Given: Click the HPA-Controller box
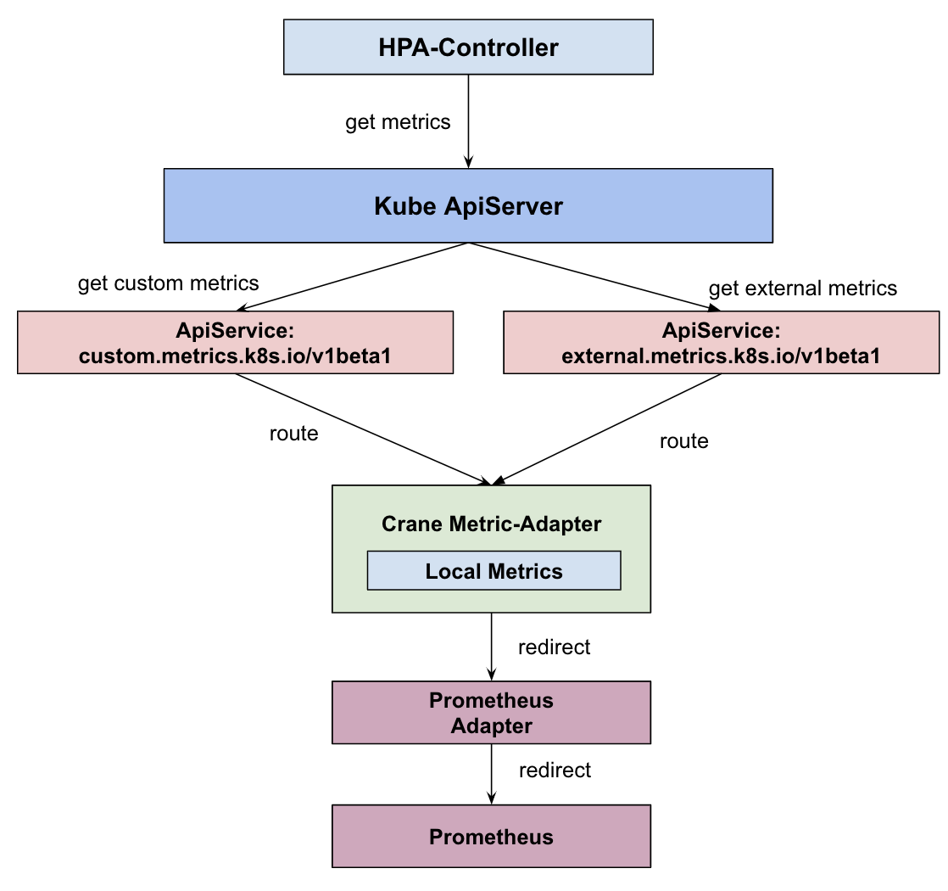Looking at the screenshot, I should click(467, 47).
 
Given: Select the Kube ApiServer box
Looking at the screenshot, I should click(467, 205).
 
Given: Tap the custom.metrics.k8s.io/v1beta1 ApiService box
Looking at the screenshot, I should click(235, 342).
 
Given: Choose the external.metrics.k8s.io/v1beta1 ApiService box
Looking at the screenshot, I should click(721, 342).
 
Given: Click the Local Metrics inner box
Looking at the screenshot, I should click(494, 571).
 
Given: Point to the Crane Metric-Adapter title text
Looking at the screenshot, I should click(491, 524).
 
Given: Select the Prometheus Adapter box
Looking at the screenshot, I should click(491, 713).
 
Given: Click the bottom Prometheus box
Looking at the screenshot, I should click(491, 837).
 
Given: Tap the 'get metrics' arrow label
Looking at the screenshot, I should click(398, 122).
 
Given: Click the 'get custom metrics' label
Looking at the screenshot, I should click(168, 283).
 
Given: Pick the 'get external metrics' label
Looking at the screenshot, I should click(802, 289).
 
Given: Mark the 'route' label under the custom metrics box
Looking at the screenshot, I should click(293, 434).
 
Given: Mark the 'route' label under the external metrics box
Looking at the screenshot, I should click(683, 441).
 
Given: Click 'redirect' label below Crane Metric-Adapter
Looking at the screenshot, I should click(554, 647).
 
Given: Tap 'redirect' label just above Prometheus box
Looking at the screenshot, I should click(555, 771).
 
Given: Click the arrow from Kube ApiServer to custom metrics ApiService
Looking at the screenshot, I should click(352, 277).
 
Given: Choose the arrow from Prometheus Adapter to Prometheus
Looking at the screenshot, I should click(491, 774).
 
